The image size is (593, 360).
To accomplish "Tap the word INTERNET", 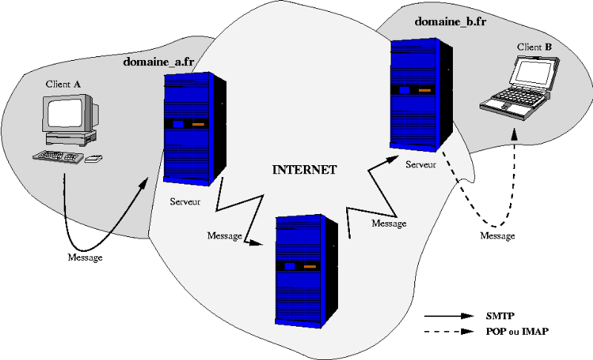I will tap(305, 170).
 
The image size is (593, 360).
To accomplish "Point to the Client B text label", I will tap(534, 47).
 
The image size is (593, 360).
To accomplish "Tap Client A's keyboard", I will tap(58, 156).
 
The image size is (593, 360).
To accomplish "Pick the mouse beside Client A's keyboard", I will tap(94, 159).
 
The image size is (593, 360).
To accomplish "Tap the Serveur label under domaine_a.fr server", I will tap(185, 201).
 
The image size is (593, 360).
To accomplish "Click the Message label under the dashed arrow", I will tap(497, 236).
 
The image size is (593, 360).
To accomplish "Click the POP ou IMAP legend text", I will tap(517, 332).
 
